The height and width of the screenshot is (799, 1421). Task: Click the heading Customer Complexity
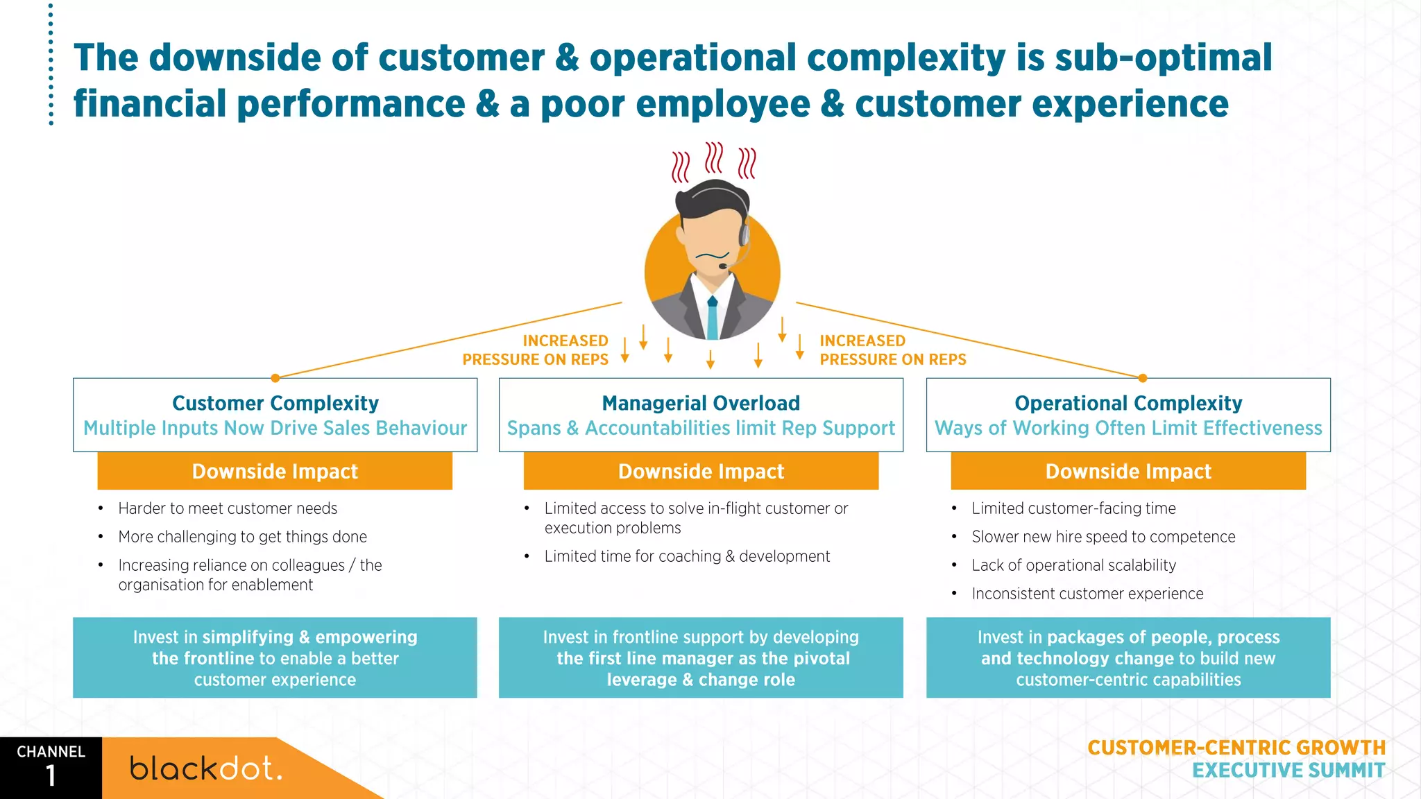click(x=275, y=403)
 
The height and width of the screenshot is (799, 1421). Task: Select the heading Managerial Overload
click(x=701, y=403)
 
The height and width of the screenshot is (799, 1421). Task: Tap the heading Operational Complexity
click(x=1128, y=403)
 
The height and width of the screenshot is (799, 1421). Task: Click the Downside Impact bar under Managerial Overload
click(x=701, y=472)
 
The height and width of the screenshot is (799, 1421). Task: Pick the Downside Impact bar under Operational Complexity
click(x=1128, y=472)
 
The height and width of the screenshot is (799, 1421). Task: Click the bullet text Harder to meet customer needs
click(x=228, y=508)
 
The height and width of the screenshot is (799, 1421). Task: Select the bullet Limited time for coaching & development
click(x=687, y=556)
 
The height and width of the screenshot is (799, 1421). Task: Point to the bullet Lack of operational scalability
click(x=1073, y=565)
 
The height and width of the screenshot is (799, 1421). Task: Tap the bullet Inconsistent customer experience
click(x=1087, y=594)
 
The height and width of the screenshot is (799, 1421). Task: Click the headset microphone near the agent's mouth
click(x=723, y=266)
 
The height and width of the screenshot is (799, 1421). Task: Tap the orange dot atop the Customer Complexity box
click(x=275, y=378)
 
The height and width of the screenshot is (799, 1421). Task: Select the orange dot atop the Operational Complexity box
click(x=1143, y=378)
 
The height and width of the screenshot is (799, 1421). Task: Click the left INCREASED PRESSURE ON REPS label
click(x=536, y=350)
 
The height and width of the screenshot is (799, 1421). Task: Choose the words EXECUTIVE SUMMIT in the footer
click(x=1288, y=771)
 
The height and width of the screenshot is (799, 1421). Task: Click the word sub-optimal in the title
click(x=1164, y=58)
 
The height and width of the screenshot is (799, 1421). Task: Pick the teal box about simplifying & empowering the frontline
click(x=275, y=658)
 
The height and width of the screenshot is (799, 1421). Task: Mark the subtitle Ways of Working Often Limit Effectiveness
click(x=1128, y=428)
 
